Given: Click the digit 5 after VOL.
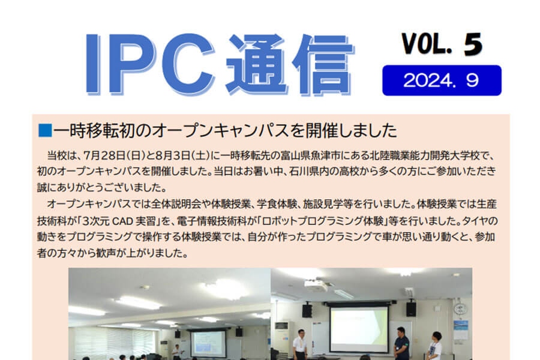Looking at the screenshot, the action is tap(473, 44).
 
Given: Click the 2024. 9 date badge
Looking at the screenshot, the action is tap(442, 80).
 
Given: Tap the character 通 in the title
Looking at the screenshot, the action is tap(257, 64).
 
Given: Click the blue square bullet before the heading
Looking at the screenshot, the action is tap(45, 131).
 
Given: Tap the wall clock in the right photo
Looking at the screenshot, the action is tap(460, 308).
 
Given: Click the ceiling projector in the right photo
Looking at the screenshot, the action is tap(316, 285).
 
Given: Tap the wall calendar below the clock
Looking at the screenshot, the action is tap(461, 330).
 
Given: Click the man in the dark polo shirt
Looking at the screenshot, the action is tap(401, 344).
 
